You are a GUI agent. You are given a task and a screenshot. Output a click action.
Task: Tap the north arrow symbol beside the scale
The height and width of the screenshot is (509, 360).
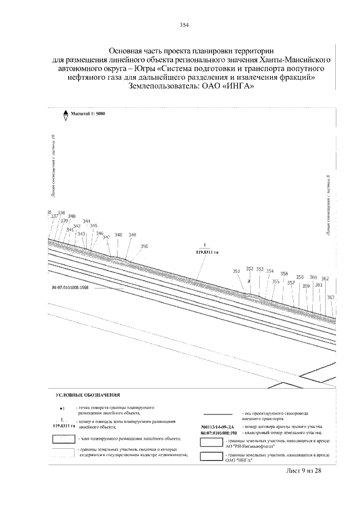click(65, 114)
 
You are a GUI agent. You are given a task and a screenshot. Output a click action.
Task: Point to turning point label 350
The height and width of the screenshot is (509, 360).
click(144, 246)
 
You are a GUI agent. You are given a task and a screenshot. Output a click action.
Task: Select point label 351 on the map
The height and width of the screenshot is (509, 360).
click(236, 271)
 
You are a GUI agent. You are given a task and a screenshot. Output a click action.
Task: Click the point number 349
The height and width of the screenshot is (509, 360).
click(132, 235)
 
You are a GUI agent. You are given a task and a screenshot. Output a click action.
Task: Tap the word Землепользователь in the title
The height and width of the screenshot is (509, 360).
click(163, 87)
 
